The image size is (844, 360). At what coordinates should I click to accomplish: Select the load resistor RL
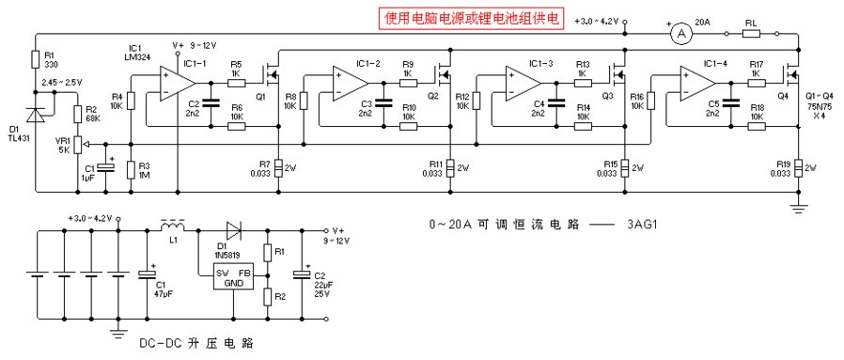750,33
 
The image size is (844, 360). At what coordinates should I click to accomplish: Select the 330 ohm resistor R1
35,61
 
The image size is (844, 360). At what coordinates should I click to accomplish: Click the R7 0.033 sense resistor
279,167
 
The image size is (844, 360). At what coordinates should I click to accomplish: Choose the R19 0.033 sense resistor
798,167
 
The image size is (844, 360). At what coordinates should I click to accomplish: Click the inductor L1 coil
173,227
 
